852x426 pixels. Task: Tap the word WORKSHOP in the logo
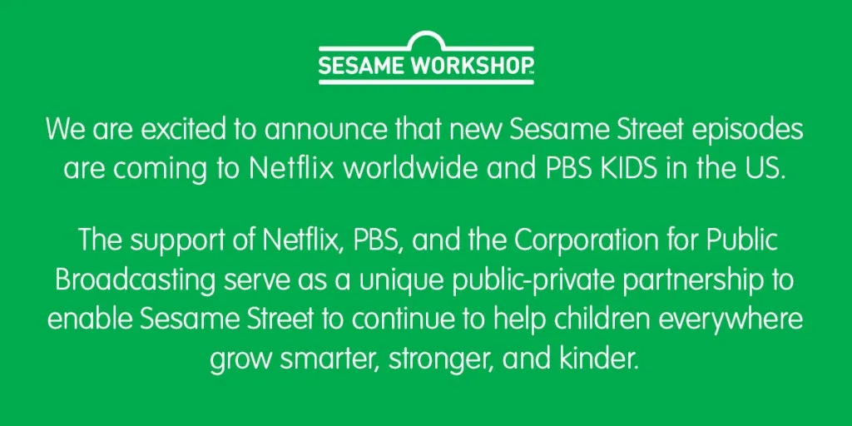pos(471,67)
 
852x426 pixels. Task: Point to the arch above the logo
pos(426,40)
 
